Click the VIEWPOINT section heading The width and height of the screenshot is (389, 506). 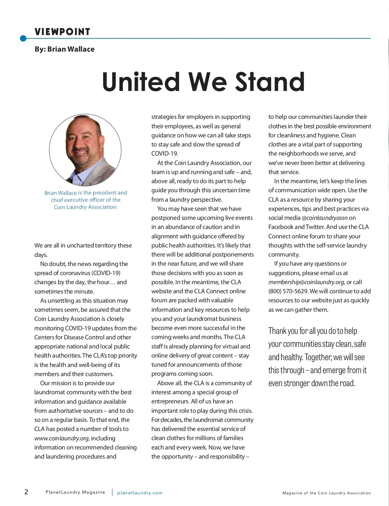click(62, 32)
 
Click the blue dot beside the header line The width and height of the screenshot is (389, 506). click(23, 39)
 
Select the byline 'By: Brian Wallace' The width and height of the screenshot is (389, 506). click(65, 49)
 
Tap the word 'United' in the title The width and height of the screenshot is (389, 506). click(141, 82)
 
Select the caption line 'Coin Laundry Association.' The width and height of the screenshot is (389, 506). click(86, 207)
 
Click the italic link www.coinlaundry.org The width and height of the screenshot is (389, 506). click(61, 438)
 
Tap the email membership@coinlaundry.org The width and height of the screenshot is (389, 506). click(306, 282)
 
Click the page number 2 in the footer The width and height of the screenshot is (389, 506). click(26, 492)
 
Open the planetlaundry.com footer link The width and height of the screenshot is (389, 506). click(140, 493)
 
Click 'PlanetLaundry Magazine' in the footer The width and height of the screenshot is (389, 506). click(75, 492)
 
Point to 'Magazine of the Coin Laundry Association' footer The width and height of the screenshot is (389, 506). click(326, 493)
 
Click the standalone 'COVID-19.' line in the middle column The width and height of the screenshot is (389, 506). click(165, 154)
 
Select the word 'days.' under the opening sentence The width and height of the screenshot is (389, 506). click(41, 255)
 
